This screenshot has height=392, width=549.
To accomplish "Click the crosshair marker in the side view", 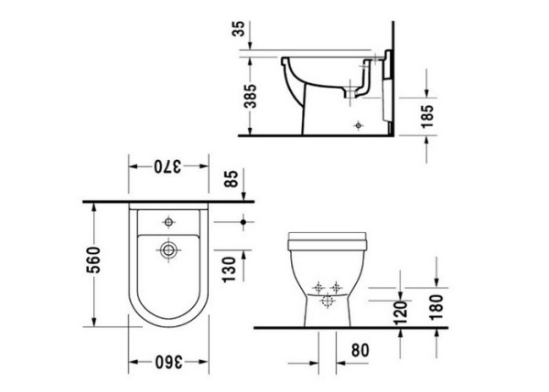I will tap(358, 122).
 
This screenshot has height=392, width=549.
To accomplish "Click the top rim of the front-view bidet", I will tap(327, 236).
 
